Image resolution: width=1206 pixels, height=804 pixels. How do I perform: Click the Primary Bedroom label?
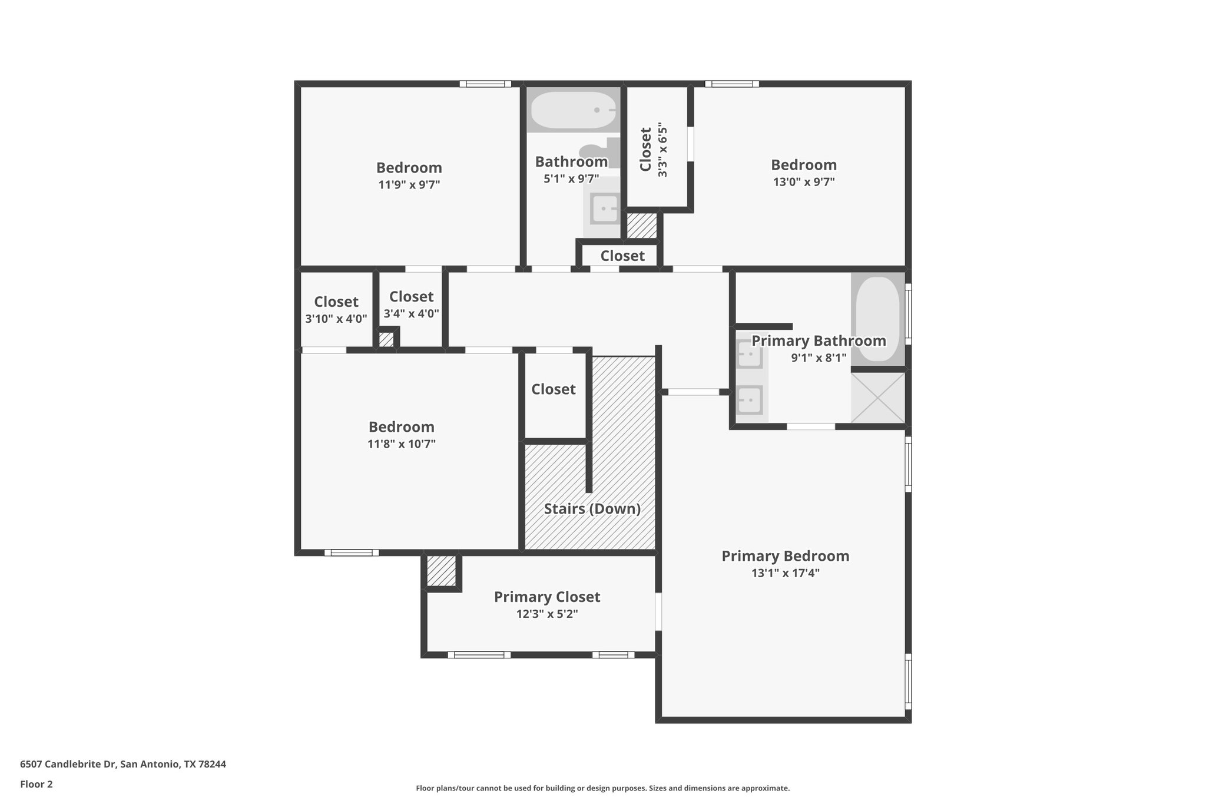tap(786, 556)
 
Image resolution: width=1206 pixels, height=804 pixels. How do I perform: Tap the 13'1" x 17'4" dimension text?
tap(786, 573)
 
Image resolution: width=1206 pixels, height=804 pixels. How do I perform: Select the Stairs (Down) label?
tap(592, 509)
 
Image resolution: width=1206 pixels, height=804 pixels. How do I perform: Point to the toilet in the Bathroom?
tap(604, 152)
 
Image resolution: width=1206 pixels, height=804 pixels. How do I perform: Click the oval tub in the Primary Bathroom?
tap(877, 319)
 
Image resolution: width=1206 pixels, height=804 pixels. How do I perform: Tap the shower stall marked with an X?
tap(877, 398)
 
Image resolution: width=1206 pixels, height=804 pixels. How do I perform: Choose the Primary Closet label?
tap(547, 597)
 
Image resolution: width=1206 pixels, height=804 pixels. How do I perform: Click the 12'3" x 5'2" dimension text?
tap(547, 614)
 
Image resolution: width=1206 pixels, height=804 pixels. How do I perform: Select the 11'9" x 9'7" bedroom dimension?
tap(409, 185)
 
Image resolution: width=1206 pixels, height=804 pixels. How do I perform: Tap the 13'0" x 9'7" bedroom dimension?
tap(804, 182)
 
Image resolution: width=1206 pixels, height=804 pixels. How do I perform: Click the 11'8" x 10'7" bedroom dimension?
tap(402, 444)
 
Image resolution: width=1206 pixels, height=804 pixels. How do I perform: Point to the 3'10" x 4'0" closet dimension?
tap(336, 319)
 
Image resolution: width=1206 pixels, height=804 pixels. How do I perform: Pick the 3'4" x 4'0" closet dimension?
tap(412, 314)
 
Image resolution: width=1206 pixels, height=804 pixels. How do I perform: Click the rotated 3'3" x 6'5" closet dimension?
tap(663, 150)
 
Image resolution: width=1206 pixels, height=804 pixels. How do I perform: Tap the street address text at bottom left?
tap(123, 764)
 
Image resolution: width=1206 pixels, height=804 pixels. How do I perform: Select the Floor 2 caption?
tap(37, 784)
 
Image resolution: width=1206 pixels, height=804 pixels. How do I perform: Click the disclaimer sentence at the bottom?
tap(603, 788)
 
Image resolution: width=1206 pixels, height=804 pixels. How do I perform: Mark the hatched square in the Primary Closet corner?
tap(441, 571)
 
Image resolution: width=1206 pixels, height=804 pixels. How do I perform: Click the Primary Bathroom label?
tap(819, 341)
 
